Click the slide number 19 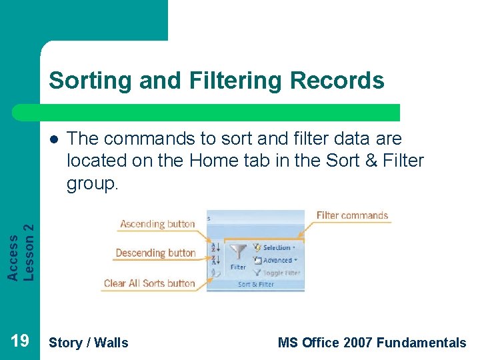[x=20, y=341]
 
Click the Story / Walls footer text [x=89, y=343]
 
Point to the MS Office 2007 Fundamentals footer [x=371, y=343]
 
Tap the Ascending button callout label [x=157, y=225]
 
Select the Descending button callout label [x=155, y=253]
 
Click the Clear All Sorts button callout [x=149, y=283]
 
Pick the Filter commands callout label [x=352, y=215]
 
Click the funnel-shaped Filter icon [x=238, y=252]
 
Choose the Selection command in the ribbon [x=276, y=248]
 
